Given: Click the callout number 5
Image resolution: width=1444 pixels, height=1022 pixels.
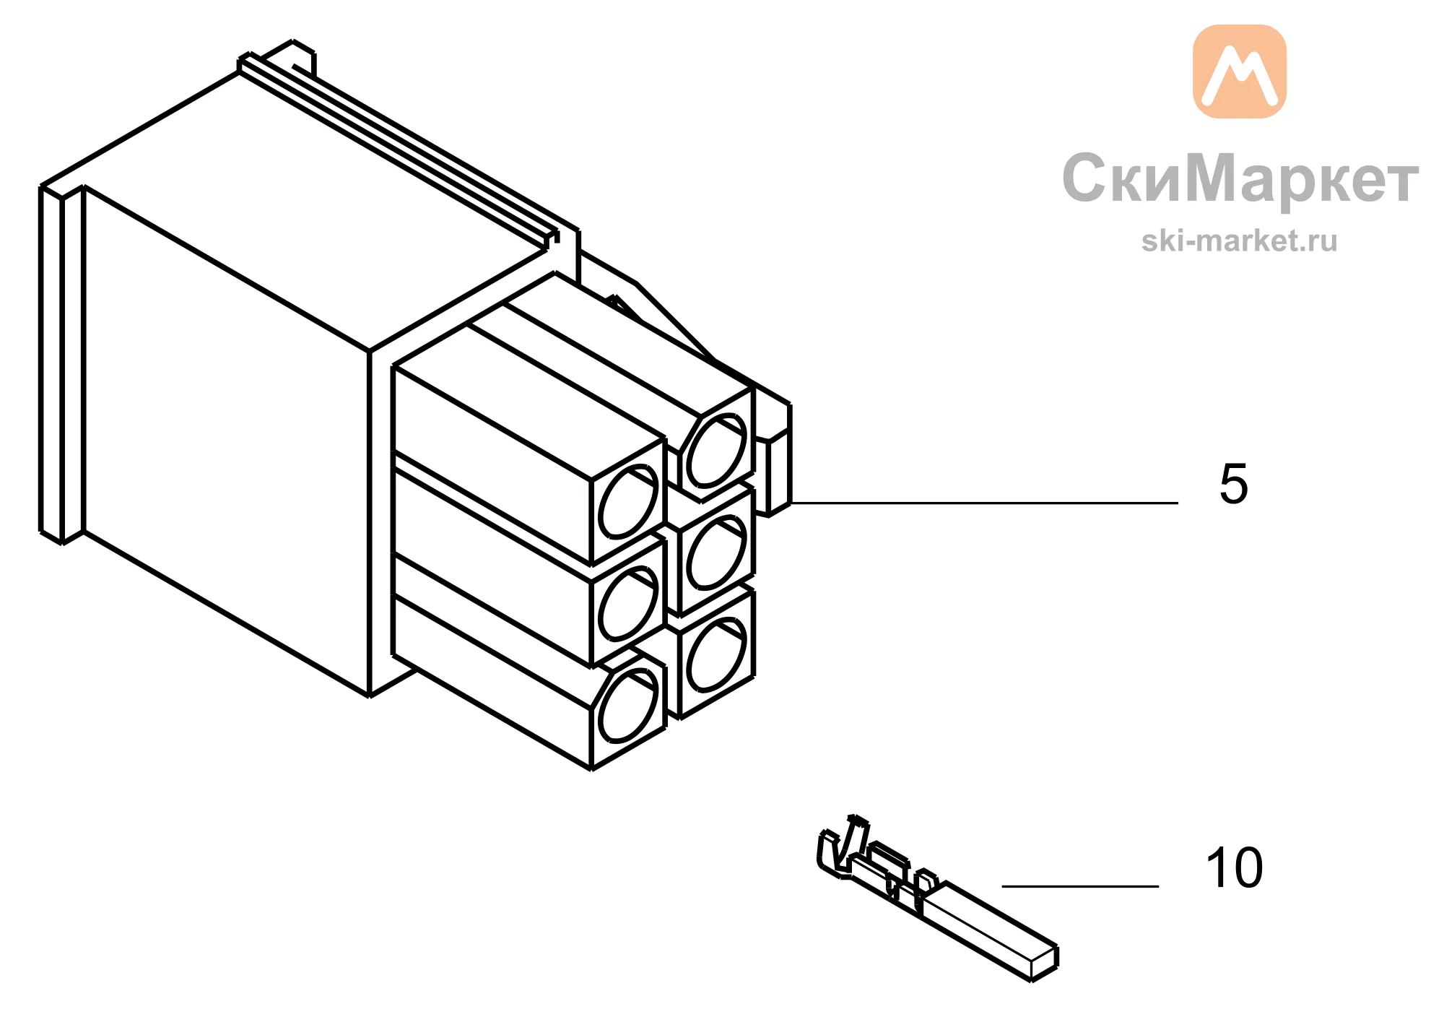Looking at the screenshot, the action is [1233, 483].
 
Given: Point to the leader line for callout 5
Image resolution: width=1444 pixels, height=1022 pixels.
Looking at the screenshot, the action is [985, 503].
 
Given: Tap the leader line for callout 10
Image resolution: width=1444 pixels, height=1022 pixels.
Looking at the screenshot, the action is [1080, 885].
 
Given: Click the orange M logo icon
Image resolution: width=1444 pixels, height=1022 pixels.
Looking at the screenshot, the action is [1240, 72].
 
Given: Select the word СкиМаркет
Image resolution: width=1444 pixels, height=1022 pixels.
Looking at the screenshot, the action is [1240, 178].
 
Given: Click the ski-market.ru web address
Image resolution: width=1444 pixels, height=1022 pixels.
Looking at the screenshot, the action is [1240, 241].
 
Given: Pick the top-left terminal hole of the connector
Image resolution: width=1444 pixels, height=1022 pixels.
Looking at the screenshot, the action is [630, 502].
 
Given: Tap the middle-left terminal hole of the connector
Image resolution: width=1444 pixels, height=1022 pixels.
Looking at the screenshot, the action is [630, 604].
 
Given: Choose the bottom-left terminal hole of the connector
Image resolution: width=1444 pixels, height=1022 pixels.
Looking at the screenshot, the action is [630, 706].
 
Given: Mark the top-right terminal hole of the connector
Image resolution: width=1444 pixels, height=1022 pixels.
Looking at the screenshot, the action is [716, 451].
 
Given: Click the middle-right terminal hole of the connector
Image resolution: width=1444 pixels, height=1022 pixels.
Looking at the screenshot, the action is [716, 553].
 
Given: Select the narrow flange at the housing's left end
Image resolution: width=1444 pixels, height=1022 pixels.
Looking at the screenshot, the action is [62, 365].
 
